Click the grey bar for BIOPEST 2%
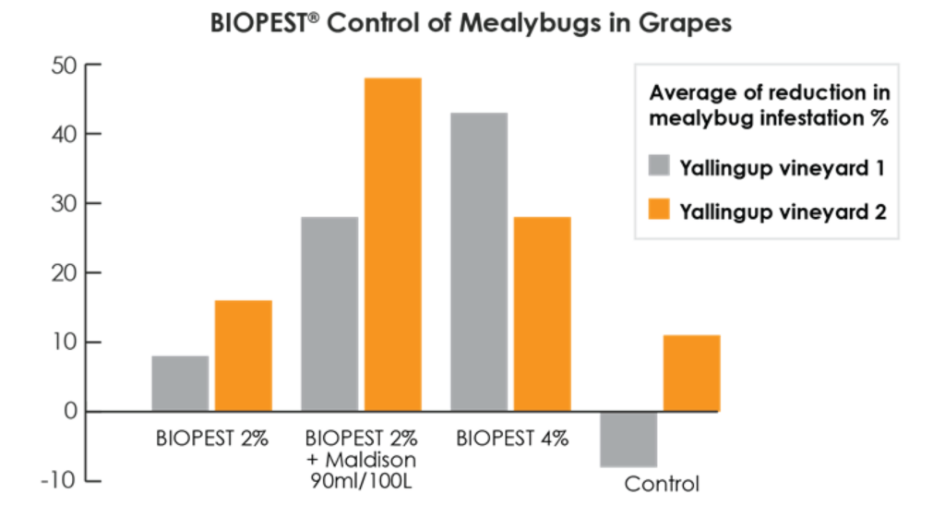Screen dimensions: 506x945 180,383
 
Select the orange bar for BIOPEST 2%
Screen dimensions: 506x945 243,355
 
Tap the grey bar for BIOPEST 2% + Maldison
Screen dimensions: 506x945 329,314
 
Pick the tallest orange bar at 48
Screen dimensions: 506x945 392,245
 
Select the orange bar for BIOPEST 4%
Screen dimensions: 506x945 542,314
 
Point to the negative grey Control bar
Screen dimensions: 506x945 628,440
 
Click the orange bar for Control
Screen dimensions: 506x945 691,373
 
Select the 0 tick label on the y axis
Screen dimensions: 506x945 70,412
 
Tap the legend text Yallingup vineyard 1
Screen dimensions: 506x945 783,168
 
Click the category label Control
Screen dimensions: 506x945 662,484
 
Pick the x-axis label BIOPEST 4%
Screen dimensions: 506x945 512,438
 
